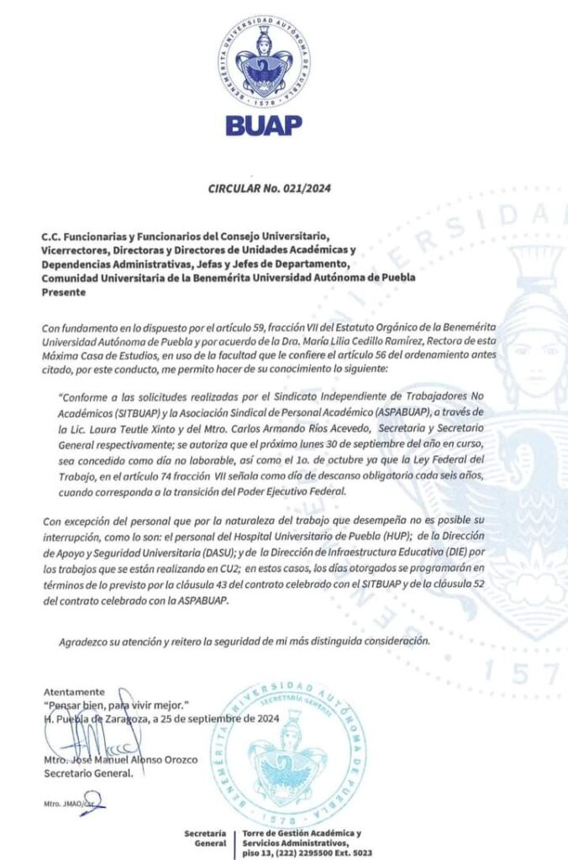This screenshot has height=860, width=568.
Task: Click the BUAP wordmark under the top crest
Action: [264, 125]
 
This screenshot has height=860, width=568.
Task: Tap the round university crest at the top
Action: [265, 63]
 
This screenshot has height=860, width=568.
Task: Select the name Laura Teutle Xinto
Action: [123, 422]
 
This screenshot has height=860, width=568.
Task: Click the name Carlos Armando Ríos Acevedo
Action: [295, 422]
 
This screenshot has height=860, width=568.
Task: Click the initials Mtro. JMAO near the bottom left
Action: [62, 804]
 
